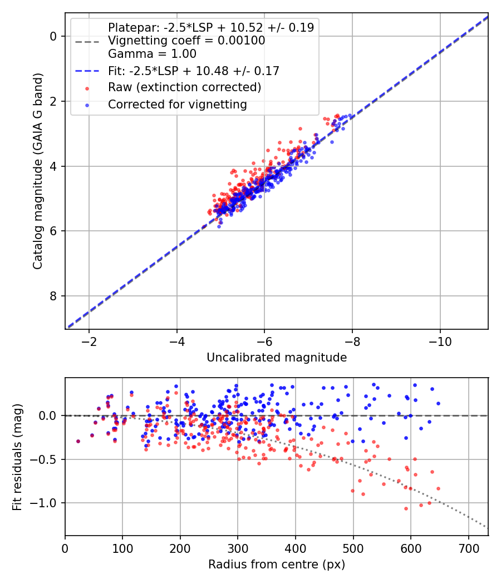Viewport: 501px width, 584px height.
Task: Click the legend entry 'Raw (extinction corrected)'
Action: (184, 87)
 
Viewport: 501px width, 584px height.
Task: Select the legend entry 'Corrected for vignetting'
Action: (177, 104)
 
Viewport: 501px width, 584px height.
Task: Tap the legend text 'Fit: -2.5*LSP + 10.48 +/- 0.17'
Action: (193, 71)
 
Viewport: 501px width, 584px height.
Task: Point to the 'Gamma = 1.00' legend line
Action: (152, 55)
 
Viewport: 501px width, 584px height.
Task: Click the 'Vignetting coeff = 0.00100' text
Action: (186, 41)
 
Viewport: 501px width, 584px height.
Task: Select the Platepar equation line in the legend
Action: (211, 27)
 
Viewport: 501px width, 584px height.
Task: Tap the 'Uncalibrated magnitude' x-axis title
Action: (277, 358)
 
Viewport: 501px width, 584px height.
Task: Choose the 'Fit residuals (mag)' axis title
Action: (18, 457)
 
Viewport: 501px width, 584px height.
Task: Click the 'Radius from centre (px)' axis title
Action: (277, 565)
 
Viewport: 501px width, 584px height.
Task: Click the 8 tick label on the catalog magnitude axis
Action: (53, 296)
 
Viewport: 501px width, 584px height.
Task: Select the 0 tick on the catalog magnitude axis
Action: (53, 36)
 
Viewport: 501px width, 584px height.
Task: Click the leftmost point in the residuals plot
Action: (78, 441)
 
